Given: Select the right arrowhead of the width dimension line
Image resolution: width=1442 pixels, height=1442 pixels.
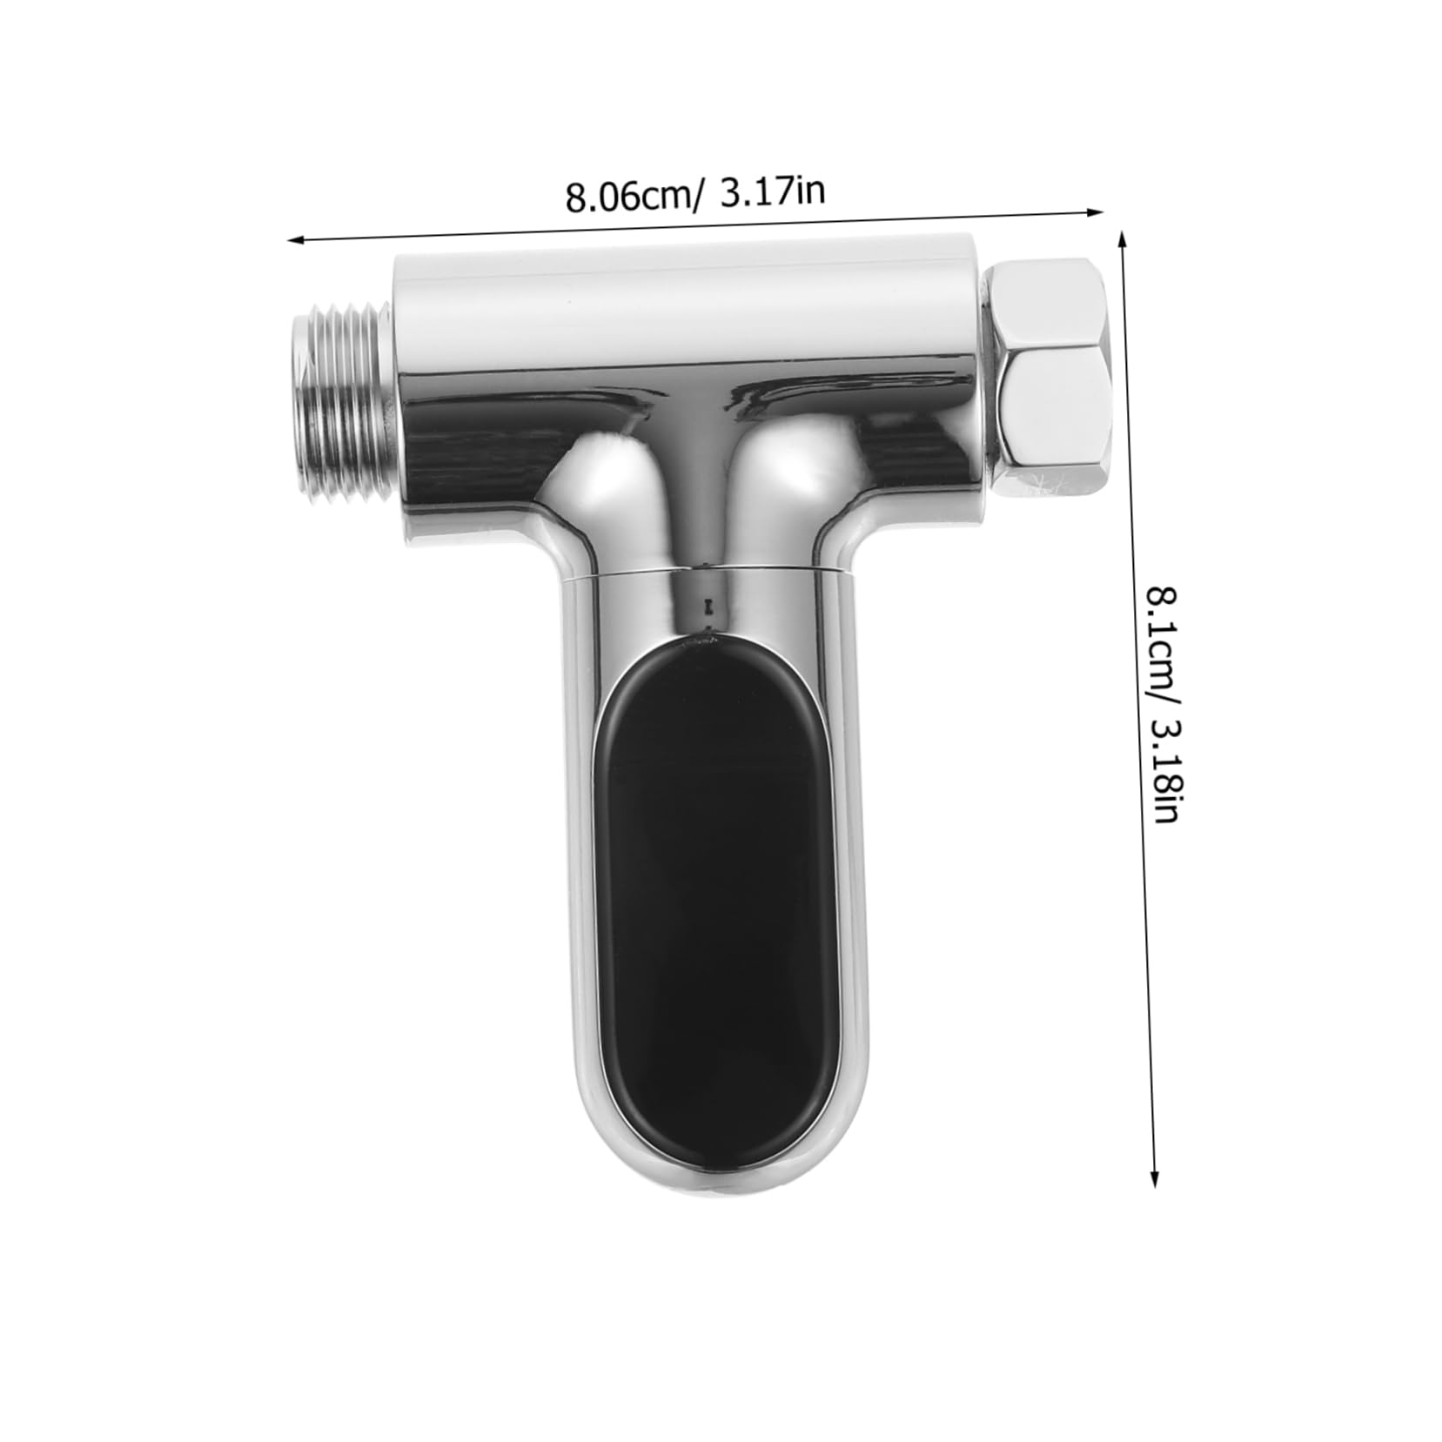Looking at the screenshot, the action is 1095,210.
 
